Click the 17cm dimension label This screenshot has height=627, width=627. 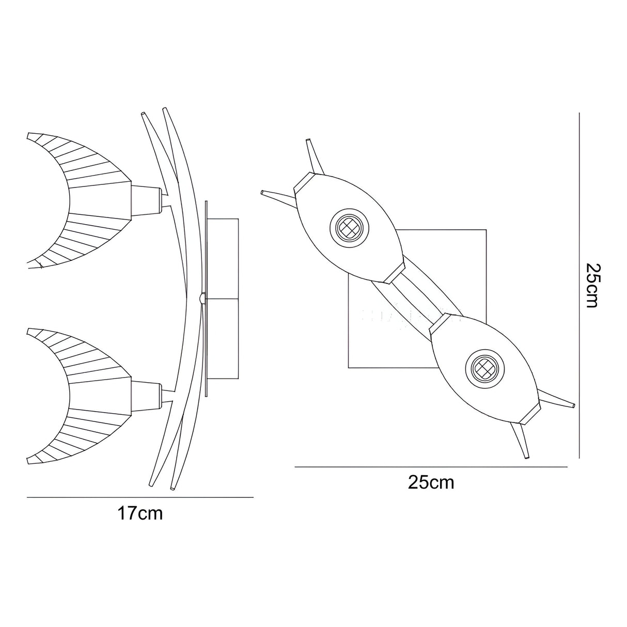tap(140, 513)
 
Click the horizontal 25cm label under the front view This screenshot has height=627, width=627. tap(431, 482)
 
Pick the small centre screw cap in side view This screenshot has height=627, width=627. tap(200, 297)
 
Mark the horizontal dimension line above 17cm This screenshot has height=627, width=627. tap(140, 497)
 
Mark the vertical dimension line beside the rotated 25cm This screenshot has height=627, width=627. tap(579, 286)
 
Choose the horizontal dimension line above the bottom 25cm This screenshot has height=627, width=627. tap(431, 467)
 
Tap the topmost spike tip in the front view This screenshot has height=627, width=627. tap(309, 140)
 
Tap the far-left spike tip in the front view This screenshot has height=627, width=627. tap(263, 193)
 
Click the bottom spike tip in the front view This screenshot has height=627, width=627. tap(526, 457)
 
